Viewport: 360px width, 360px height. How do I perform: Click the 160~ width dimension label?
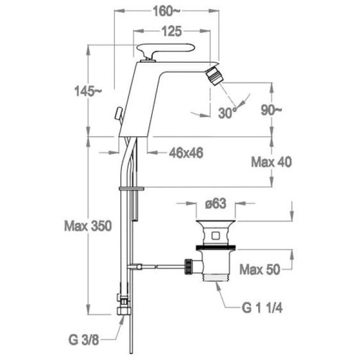click(167, 11)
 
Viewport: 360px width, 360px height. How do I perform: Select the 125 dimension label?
click(172, 31)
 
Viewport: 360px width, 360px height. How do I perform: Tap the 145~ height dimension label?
click(88, 91)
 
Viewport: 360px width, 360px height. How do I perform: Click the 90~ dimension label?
click(271, 110)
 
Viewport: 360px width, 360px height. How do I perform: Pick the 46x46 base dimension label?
click(186, 153)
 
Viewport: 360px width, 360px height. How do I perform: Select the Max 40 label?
click(272, 162)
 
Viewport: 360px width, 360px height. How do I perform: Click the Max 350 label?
click(88, 226)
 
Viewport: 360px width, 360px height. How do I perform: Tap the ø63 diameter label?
click(216, 204)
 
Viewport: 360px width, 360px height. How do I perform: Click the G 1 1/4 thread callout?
click(262, 308)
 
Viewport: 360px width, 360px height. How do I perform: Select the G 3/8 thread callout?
click(83, 340)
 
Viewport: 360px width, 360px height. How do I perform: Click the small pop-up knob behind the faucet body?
click(119, 113)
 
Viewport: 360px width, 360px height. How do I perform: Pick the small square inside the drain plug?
click(215, 236)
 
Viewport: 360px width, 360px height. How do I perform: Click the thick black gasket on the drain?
click(216, 247)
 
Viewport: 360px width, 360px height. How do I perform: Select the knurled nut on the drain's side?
click(188, 266)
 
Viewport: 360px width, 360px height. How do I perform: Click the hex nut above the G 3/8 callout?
click(123, 311)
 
